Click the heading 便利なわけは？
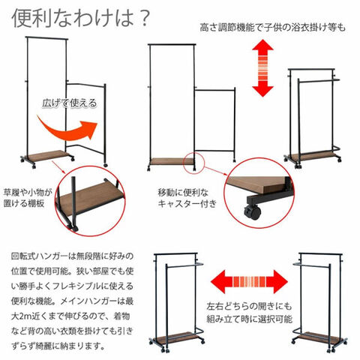(x=80, y=18)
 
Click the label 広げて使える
(x=70, y=103)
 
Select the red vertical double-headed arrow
(x=262, y=67)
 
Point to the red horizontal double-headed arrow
(x=249, y=281)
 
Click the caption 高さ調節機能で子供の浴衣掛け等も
(x=272, y=27)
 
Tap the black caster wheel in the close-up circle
(x=253, y=212)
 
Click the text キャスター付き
(x=187, y=204)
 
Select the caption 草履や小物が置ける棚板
(x=28, y=198)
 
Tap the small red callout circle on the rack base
(x=193, y=163)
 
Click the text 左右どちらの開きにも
(x=249, y=306)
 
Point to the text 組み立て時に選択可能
(x=249, y=319)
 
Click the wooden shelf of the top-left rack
(x=47, y=155)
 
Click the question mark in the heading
(x=143, y=19)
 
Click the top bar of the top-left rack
(x=46, y=38)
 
